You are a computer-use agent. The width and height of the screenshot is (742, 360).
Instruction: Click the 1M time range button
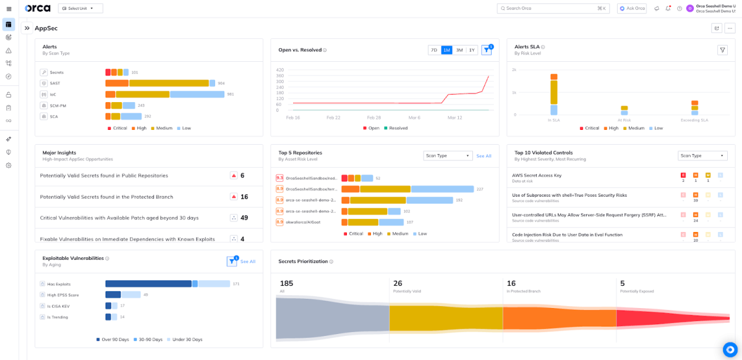[x=446, y=50]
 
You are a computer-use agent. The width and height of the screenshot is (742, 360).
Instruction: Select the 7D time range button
[x=434, y=50]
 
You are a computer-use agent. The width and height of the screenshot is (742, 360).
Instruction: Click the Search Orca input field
[x=552, y=9]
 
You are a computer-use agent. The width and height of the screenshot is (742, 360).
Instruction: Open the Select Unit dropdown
[x=80, y=9]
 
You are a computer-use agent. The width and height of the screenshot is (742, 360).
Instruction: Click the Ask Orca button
[x=631, y=9]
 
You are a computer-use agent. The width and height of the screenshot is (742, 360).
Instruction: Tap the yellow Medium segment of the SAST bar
[x=168, y=83]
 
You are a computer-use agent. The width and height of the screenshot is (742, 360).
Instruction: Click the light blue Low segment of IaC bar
[x=197, y=95]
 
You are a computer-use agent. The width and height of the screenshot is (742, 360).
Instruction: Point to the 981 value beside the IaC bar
[x=231, y=95]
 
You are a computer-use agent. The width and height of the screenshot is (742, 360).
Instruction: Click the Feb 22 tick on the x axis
[x=333, y=118]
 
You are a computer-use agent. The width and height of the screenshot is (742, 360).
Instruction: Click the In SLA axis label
[x=553, y=120]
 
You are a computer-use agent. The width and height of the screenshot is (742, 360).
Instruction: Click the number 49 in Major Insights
[x=244, y=218]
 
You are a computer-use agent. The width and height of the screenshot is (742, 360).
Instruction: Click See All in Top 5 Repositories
[x=484, y=156]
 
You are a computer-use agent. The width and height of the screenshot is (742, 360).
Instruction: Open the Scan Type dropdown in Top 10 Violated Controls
[x=702, y=156]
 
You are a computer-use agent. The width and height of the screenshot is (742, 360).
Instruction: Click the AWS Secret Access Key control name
[x=537, y=175]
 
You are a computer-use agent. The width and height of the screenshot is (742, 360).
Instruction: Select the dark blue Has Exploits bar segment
[x=148, y=284]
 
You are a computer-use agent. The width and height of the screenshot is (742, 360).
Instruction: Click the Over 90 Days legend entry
[x=114, y=340]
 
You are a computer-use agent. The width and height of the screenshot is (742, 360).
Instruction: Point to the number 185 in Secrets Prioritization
[x=286, y=283]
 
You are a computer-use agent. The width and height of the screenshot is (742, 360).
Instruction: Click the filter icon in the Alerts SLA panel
[x=722, y=50]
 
